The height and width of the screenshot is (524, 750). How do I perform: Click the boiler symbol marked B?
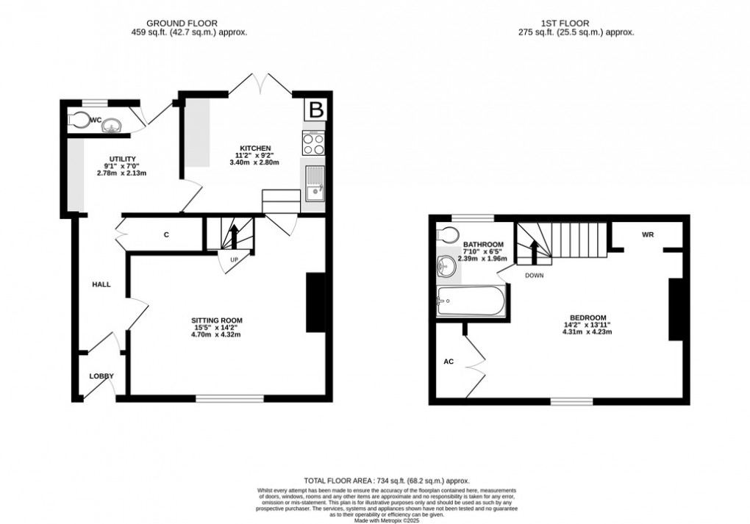click(315, 110)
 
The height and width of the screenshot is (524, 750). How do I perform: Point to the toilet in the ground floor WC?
click(76, 120)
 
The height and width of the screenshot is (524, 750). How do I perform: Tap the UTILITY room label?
click(121, 159)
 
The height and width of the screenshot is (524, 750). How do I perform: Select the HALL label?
click(101, 284)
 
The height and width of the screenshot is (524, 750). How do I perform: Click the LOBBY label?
click(102, 376)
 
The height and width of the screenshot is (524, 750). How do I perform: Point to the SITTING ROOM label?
click(217, 320)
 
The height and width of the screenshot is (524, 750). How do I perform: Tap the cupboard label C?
click(166, 235)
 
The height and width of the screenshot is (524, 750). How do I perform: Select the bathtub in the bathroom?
click(471, 301)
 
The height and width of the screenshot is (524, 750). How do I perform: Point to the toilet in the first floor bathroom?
click(445, 234)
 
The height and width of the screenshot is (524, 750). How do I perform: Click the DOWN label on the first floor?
click(534, 276)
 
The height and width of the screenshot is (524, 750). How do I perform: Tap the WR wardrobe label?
click(648, 234)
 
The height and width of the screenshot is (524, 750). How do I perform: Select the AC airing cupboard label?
click(448, 362)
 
